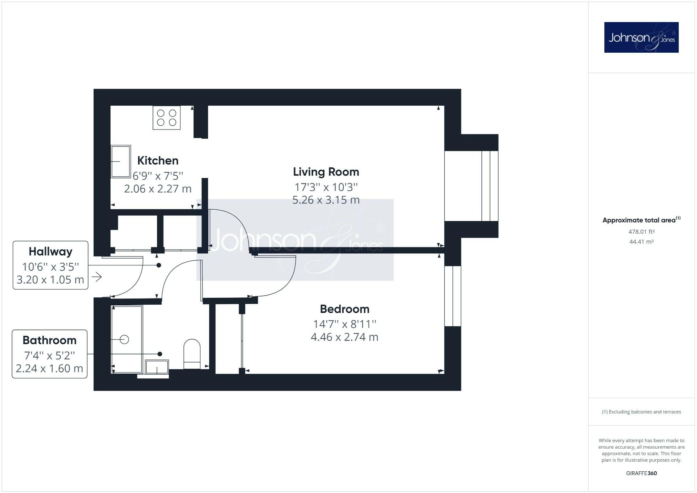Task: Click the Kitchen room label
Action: (158, 161)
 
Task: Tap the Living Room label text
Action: (326, 172)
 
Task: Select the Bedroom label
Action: (344, 309)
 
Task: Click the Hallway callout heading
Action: (50, 252)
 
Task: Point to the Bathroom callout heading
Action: (50, 340)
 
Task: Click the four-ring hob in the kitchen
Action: (167, 118)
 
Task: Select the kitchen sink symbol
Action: (121, 161)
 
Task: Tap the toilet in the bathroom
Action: (192, 354)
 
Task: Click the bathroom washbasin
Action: (157, 367)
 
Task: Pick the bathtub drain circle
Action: (125, 340)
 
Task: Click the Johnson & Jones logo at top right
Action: (641, 38)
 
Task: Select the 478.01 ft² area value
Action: (641, 232)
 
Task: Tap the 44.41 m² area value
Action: (641, 242)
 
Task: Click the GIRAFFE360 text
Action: (641, 473)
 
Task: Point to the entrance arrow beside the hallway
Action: (97, 277)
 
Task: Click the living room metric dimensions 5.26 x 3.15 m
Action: (326, 200)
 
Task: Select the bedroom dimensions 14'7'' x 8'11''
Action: (344, 324)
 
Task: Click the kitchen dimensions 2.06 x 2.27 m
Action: (158, 189)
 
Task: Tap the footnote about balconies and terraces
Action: (641, 412)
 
